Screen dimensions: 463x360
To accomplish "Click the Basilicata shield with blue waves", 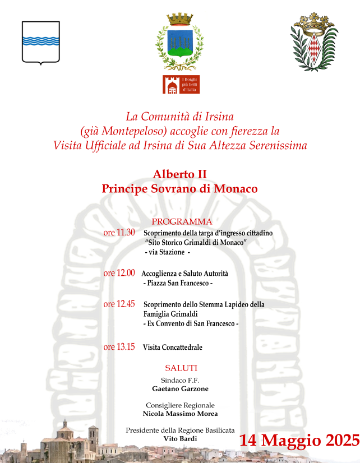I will [x=40, y=42].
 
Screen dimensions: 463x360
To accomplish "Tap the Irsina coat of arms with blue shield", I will [x=179, y=39].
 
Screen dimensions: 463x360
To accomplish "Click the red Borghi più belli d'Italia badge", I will [x=181, y=84].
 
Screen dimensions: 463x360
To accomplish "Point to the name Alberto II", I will [x=180, y=174].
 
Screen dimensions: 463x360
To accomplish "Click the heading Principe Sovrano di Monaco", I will [x=180, y=189].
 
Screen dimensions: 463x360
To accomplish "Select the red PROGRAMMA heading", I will [x=182, y=221].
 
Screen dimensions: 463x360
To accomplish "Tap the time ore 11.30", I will [x=119, y=233].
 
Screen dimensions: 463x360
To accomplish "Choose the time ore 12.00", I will [x=119, y=273].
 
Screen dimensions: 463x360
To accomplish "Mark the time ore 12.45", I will [x=119, y=304].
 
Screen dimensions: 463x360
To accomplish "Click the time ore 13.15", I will [x=119, y=347].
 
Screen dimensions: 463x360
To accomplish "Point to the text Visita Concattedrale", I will [x=172, y=348].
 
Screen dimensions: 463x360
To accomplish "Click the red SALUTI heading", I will [x=181, y=368].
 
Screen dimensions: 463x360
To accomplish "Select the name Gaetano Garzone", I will [x=180, y=388].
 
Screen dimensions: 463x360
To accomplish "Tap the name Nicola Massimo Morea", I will [x=180, y=414].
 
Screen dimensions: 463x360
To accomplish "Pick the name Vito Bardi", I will [x=180, y=438].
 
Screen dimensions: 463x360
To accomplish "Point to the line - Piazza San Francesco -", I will [x=178, y=284].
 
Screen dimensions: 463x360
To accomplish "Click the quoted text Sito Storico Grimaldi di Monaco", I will [x=196, y=243].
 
